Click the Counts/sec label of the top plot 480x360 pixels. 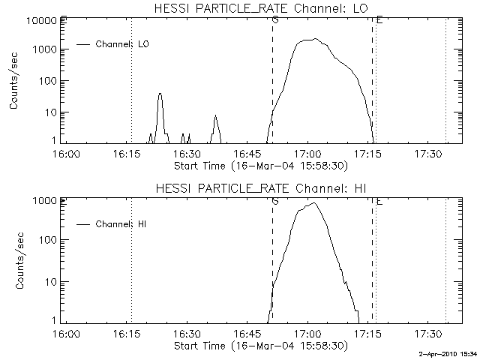coord(14,81)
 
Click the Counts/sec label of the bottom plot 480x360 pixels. coord(14,260)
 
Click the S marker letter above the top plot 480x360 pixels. coord(275,19)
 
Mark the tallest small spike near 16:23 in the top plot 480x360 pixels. coord(160,94)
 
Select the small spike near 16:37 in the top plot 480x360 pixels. coord(215,116)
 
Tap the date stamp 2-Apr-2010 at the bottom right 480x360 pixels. coord(442,352)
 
